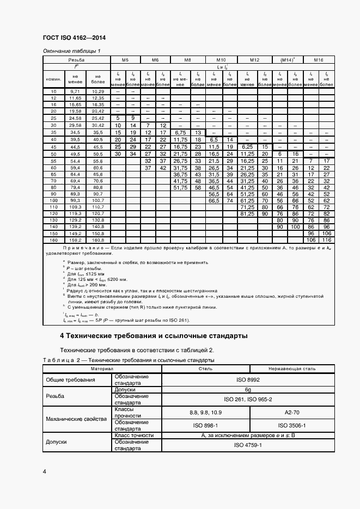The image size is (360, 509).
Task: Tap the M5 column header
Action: [125, 59]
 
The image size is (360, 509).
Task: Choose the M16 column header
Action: [318, 59]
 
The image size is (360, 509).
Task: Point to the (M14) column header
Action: [286, 59]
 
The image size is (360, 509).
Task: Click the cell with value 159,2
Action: [76, 240]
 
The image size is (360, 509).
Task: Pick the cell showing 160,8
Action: [98, 240]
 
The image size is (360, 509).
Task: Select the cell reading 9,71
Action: [76, 91]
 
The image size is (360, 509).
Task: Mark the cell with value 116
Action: [327, 240]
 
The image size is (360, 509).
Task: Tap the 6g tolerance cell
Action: [248, 390]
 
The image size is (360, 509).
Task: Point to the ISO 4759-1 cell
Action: [248, 445]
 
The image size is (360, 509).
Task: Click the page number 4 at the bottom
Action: [44, 471]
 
